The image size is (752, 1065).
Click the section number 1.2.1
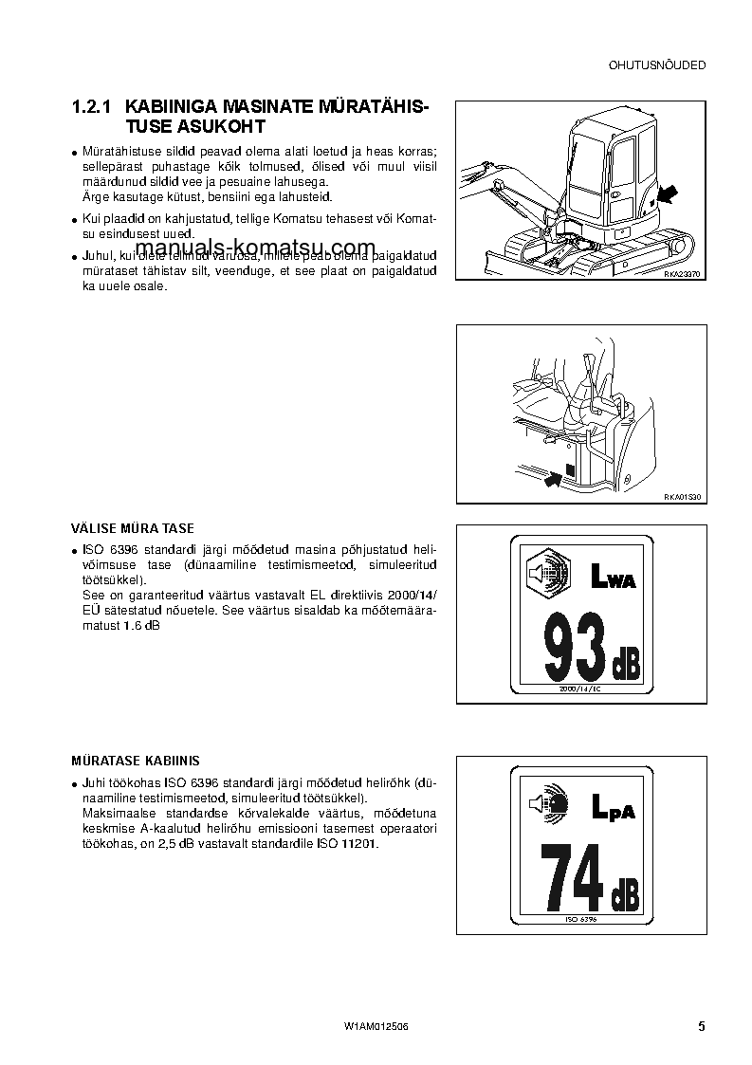(x=94, y=107)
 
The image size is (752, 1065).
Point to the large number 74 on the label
(x=571, y=876)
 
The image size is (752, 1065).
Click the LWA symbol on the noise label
(x=613, y=576)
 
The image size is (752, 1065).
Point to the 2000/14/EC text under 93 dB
(x=581, y=689)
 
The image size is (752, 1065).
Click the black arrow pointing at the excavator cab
(x=668, y=194)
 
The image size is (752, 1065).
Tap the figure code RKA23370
(x=681, y=272)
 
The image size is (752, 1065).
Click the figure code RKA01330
(x=681, y=496)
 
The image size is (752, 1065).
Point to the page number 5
(x=701, y=1026)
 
